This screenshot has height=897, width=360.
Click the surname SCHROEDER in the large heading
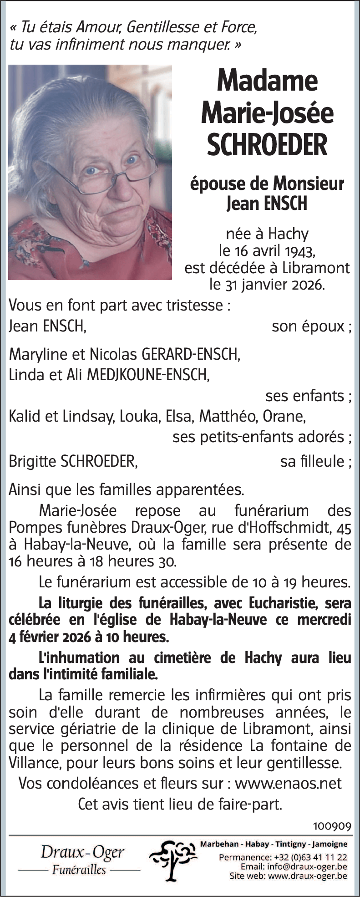(267, 145)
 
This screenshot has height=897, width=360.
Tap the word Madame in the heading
(267, 81)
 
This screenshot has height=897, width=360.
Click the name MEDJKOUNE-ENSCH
(147, 375)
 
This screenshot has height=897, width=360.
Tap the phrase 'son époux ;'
(311, 326)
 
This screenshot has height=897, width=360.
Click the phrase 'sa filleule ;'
(315, 461)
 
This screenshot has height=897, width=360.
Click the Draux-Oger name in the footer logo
(82, 852)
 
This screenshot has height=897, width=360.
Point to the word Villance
(31, 762)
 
